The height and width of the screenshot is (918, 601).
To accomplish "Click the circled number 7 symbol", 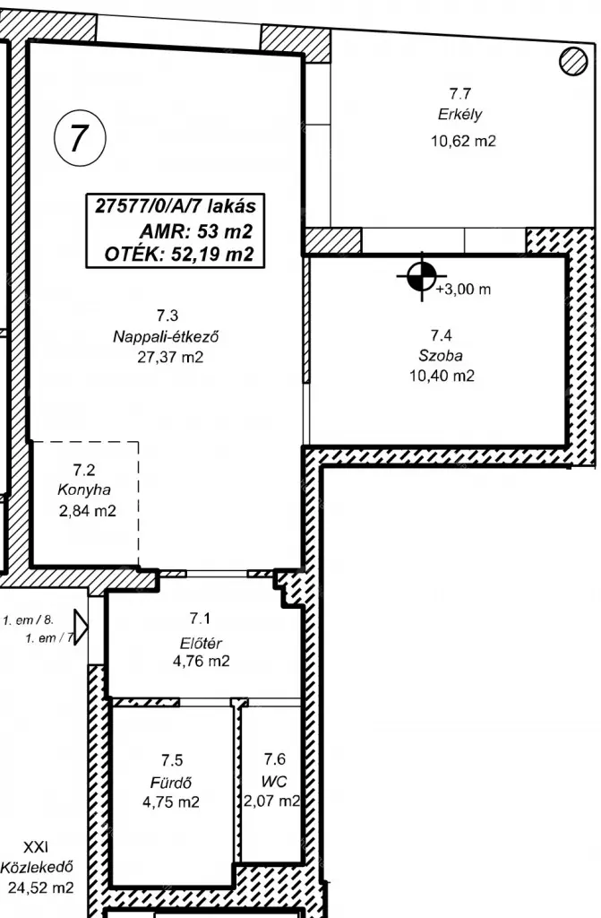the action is [80, 139].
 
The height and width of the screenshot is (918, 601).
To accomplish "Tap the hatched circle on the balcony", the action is [573, 61].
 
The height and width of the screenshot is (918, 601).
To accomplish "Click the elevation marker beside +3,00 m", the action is [421, 276].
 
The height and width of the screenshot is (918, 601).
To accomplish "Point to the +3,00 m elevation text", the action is [463, 290].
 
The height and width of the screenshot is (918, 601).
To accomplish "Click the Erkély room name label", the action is [460, 115].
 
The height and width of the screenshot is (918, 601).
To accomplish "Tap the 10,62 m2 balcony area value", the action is [463, 141].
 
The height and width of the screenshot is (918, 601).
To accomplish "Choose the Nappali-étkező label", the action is [167, 337].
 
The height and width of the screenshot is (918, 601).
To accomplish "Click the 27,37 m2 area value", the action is [170, 357].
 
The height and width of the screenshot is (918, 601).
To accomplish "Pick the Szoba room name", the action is [441, 355].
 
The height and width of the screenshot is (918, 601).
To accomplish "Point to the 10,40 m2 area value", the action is [442, 376].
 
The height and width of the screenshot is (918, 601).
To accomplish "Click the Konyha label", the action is [84, 490].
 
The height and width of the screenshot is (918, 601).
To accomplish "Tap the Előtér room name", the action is [200, 644].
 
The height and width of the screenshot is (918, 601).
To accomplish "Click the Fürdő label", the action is [171, 782].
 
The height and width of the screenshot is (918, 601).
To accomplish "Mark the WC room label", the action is [274, 782].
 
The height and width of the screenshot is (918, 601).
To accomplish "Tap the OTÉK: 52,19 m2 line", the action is [179, 254].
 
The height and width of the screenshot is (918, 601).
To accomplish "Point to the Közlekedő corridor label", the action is [37, 867].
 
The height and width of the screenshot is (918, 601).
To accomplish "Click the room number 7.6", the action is [274, 759].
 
